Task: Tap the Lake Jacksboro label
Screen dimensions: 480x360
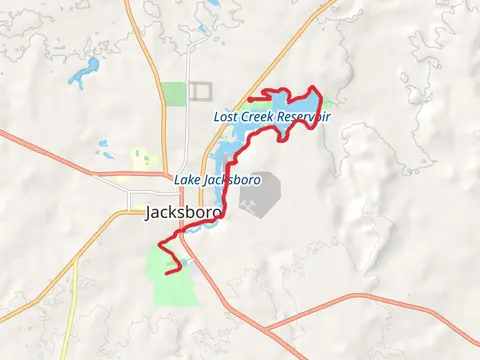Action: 217,180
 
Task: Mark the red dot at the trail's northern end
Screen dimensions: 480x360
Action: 249,98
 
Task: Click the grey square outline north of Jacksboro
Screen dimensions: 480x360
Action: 201,90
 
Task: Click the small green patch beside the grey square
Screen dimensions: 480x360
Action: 174,93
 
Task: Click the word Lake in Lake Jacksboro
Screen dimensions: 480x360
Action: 187,180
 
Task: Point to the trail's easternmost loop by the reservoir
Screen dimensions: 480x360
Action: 318,100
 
